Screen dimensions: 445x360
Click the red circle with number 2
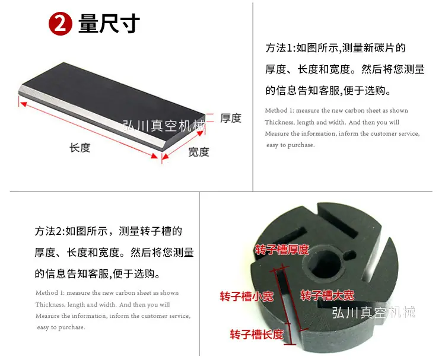click(61, 24)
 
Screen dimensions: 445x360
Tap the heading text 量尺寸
click(109, 24)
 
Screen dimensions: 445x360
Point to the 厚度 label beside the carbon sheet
click(231, 118)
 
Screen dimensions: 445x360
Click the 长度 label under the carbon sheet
click(80, 148)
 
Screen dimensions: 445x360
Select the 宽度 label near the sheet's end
click(199, 152)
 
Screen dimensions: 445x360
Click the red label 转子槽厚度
click(282, 250)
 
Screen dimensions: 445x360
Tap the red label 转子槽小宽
click(247, 297)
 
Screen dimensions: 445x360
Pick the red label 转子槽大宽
click(327, 295)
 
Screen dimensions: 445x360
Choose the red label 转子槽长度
click(256, 334)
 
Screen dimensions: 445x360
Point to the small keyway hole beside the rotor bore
click(349, 255)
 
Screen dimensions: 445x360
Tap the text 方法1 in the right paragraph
click(279, 48)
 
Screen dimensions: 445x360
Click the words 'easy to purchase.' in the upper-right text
click(290, 145)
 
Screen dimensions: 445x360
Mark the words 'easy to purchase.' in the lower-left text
click(61, 327)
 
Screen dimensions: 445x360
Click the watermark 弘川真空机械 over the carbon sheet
click(164, 126)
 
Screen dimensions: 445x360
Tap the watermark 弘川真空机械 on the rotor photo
click(373, 312)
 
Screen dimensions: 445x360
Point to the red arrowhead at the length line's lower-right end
click(155, 156)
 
